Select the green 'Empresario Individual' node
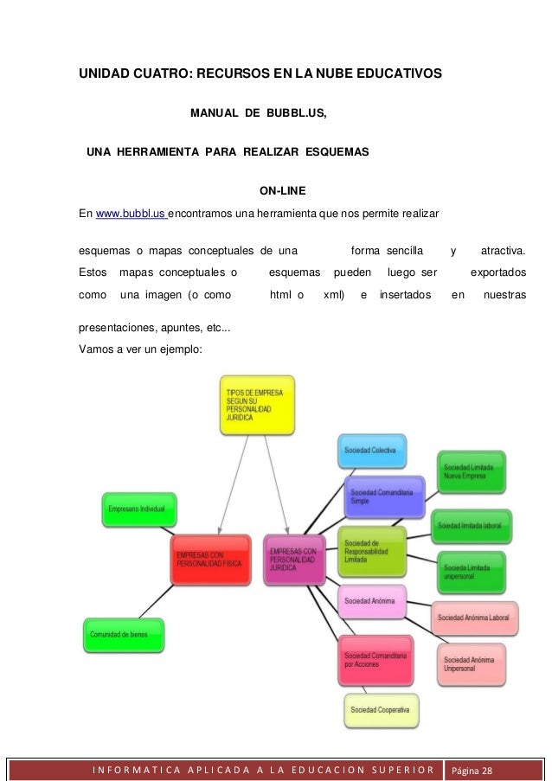[140, 509]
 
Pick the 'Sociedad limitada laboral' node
[468, 525]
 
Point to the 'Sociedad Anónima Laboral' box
[475, 618]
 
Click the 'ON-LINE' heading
[283, 190]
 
